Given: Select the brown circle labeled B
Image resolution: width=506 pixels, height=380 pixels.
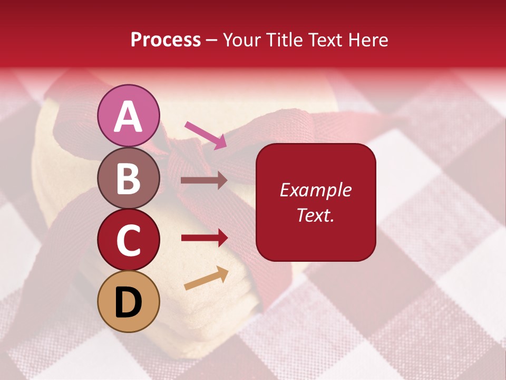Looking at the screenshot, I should pyautogui.click(x=129, y=178).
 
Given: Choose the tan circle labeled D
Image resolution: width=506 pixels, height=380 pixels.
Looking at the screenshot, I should pyautogui.click(x=129, y=301).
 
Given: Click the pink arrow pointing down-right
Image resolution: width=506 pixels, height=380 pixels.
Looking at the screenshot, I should pyautogui.click(x=206, y=135).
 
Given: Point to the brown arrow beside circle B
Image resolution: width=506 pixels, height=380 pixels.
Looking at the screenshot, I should pyautogui.click(x=204, y=180).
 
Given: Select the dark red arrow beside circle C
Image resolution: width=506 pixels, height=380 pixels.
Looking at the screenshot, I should pyautogui.click(x=204, y=238).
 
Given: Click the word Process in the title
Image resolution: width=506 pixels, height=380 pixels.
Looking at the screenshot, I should pyautogui.click(x=166, y=40).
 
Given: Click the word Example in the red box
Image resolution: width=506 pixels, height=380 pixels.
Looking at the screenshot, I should pyautogui.click(x=316, y=190).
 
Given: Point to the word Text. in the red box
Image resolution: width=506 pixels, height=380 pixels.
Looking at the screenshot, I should pyautogui.click(x=316, y=215).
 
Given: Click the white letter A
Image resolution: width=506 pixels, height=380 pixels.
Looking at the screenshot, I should pyautogui.click(x=129, y=117).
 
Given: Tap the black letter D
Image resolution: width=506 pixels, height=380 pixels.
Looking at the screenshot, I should pyautogui.click(x=129, y=302).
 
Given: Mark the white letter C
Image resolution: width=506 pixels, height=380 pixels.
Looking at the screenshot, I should pyautogui.click(x=129, y=240).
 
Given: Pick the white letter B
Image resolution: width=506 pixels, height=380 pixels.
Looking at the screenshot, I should pyautogui.click(x=129, y=178).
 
